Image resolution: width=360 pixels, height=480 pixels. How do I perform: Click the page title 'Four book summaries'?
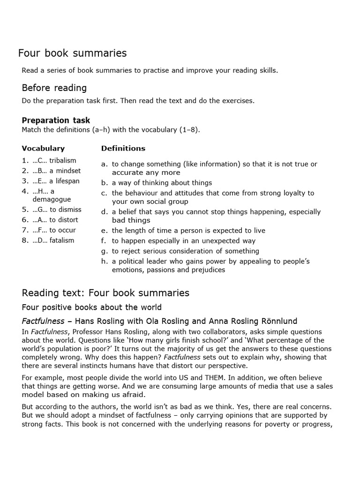click(72, 53)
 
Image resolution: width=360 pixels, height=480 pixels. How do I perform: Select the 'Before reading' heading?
click(54, 88)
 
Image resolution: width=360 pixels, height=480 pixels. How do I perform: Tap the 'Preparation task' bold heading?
click(56, 120)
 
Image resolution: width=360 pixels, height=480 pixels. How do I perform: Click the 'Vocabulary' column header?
click(43, 149)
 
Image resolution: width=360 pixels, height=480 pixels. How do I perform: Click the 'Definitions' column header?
click(123, 149)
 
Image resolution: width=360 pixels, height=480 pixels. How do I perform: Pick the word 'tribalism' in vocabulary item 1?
click(62, 161)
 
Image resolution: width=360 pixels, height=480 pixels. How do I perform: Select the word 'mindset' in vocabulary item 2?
click(69, 171)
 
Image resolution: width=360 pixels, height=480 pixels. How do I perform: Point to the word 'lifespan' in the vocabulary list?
click(68, 181)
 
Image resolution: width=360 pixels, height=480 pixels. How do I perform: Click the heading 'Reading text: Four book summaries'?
click(105, 293)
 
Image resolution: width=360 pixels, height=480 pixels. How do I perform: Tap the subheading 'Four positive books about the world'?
click(91, 307)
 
